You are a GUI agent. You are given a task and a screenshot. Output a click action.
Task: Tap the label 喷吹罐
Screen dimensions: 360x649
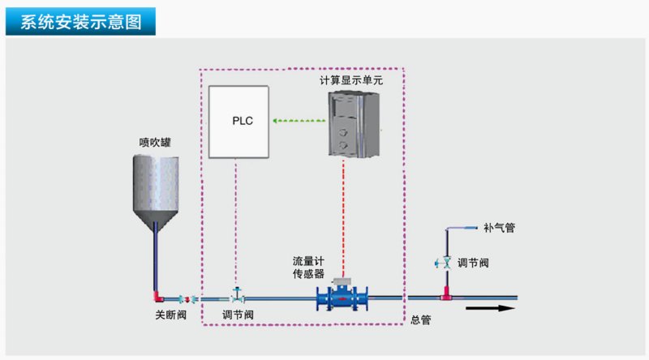coord(154,142)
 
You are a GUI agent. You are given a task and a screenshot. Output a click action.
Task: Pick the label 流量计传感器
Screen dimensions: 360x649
coord(308,268)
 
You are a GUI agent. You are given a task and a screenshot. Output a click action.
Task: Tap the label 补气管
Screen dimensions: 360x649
coord(498,228)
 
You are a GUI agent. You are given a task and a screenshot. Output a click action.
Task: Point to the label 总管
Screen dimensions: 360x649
coord(420,320)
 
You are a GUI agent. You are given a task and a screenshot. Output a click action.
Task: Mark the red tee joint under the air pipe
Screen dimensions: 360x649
coord(446,294)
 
